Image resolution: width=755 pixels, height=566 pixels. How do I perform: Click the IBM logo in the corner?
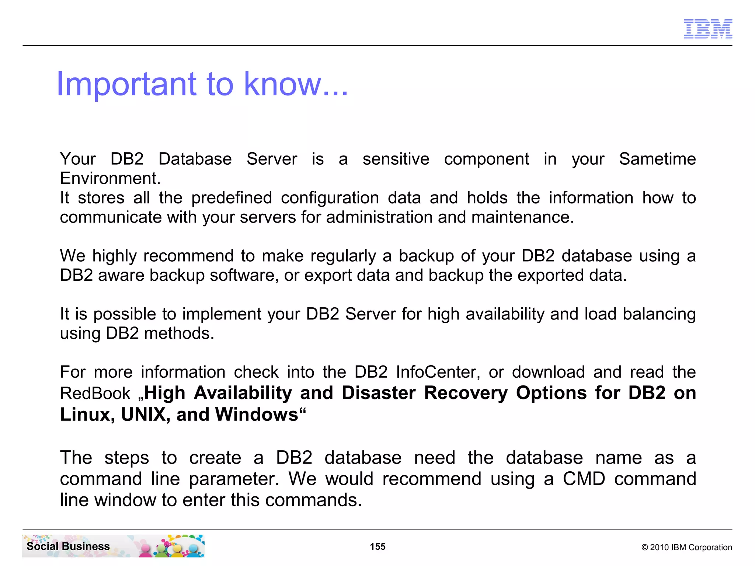pos(707,29)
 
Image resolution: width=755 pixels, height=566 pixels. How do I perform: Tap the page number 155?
pos(377,546)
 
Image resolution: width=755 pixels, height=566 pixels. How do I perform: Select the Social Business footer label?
pos(68,546)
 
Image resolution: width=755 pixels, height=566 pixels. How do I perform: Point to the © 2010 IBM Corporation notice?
pos(686,547)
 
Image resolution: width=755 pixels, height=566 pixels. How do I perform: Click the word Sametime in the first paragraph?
pos(657,159)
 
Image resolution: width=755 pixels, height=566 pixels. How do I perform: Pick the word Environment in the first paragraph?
pos(110,179)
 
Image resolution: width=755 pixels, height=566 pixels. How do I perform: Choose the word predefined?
pos(232,198)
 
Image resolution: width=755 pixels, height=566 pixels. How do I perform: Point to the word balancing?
pos(659,314)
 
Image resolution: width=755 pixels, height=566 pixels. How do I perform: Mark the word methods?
pos(178,333)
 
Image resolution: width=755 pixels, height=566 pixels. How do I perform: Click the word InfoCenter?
pos(438,372)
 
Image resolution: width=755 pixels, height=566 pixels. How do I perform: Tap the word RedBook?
pos(95,394)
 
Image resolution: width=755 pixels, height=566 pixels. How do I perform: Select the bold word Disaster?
pos(379,393)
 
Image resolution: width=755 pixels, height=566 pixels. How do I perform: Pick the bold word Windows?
pos(257,415)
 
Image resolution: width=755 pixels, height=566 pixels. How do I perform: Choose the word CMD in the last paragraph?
pos(584,479)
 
